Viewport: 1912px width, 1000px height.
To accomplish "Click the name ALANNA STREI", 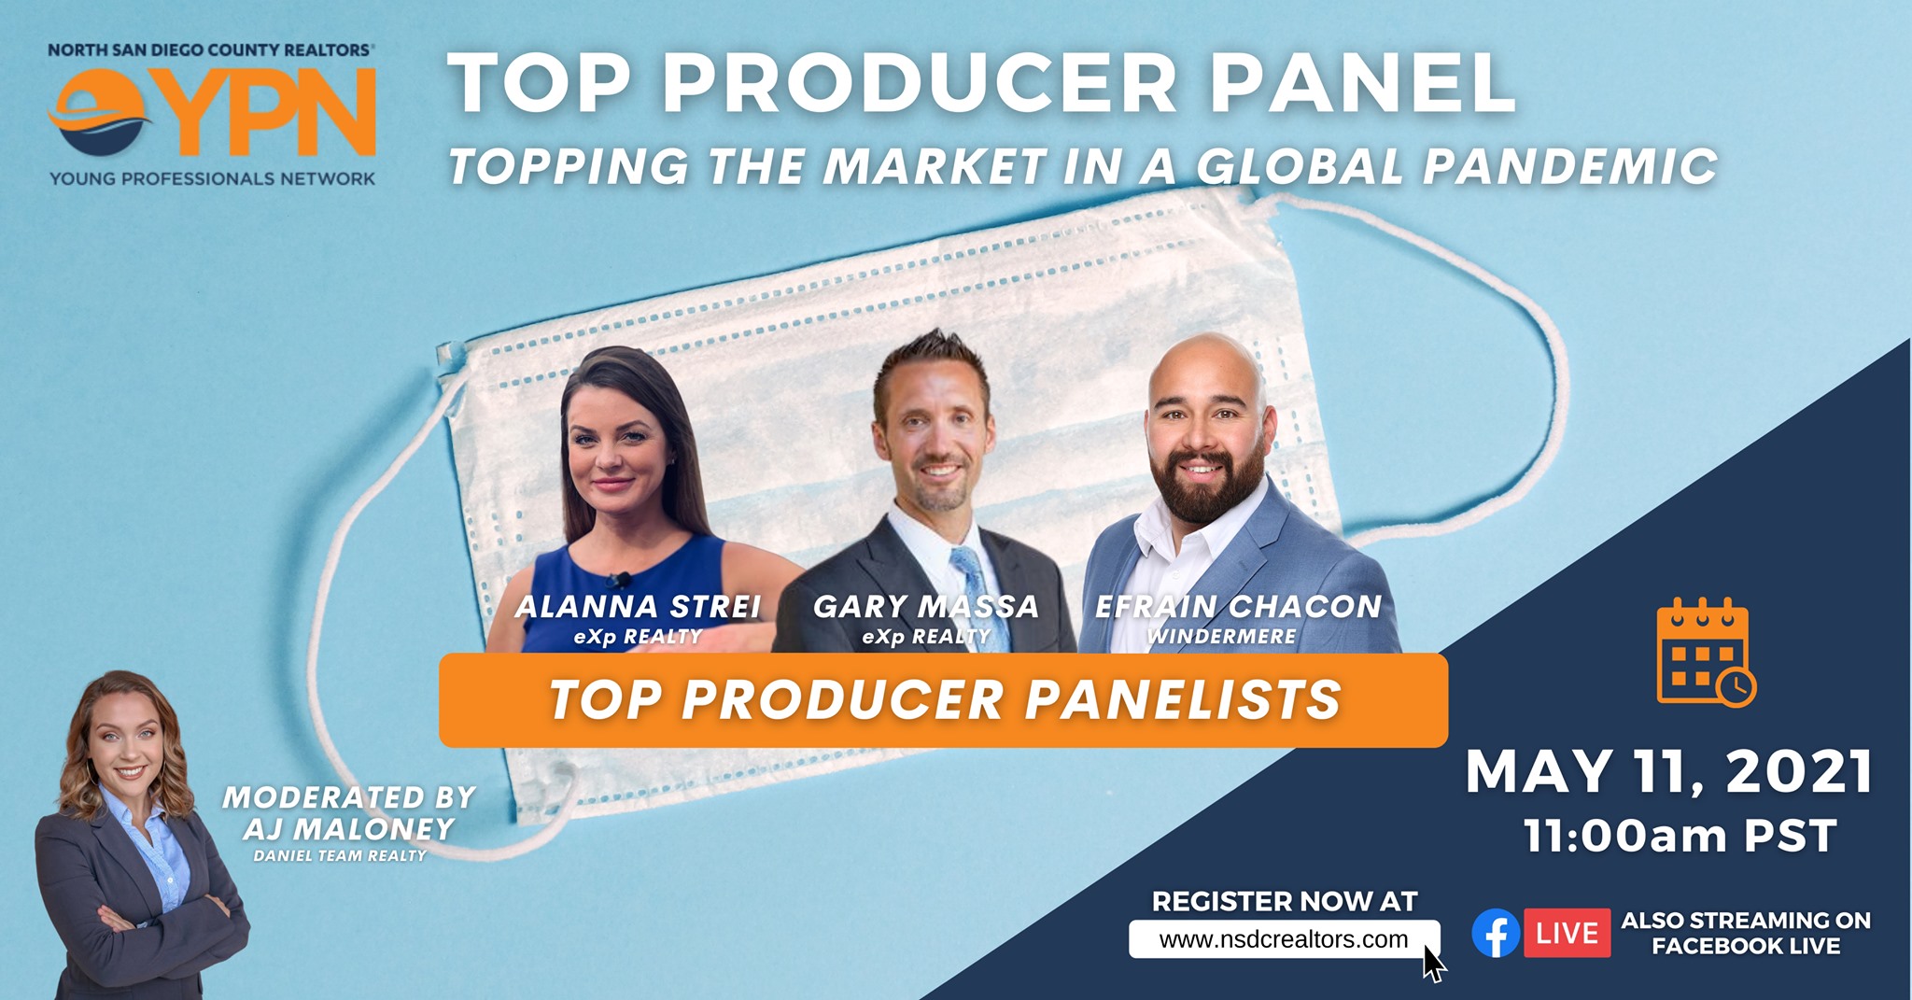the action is tap(638, 607).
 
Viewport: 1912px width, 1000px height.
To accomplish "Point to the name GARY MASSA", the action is tap(926, 607).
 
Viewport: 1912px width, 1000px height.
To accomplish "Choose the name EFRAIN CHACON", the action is tap(1238, 607).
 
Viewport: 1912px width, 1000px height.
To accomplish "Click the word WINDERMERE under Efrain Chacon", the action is tap(1222, 637).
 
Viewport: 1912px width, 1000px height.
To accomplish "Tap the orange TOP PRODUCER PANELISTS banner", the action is tap(944, 700).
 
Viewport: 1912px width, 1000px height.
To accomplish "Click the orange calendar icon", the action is tap(1706, 653).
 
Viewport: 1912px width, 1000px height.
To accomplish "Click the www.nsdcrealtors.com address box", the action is tap(1284, 939).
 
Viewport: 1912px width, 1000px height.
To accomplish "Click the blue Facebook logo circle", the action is tap(1496, 933).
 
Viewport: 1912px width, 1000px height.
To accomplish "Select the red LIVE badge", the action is tap(1567, 933).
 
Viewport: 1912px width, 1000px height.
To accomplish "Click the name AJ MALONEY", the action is tap(348, 829).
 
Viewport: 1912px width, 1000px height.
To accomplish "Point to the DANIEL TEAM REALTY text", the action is tap(340, 855).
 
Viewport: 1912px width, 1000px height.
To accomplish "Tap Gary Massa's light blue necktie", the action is tap(977, 598).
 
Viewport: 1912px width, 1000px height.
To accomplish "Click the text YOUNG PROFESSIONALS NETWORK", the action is tap(213, 178).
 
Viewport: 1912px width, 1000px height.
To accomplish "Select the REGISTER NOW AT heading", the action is tap(1285, 901).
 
